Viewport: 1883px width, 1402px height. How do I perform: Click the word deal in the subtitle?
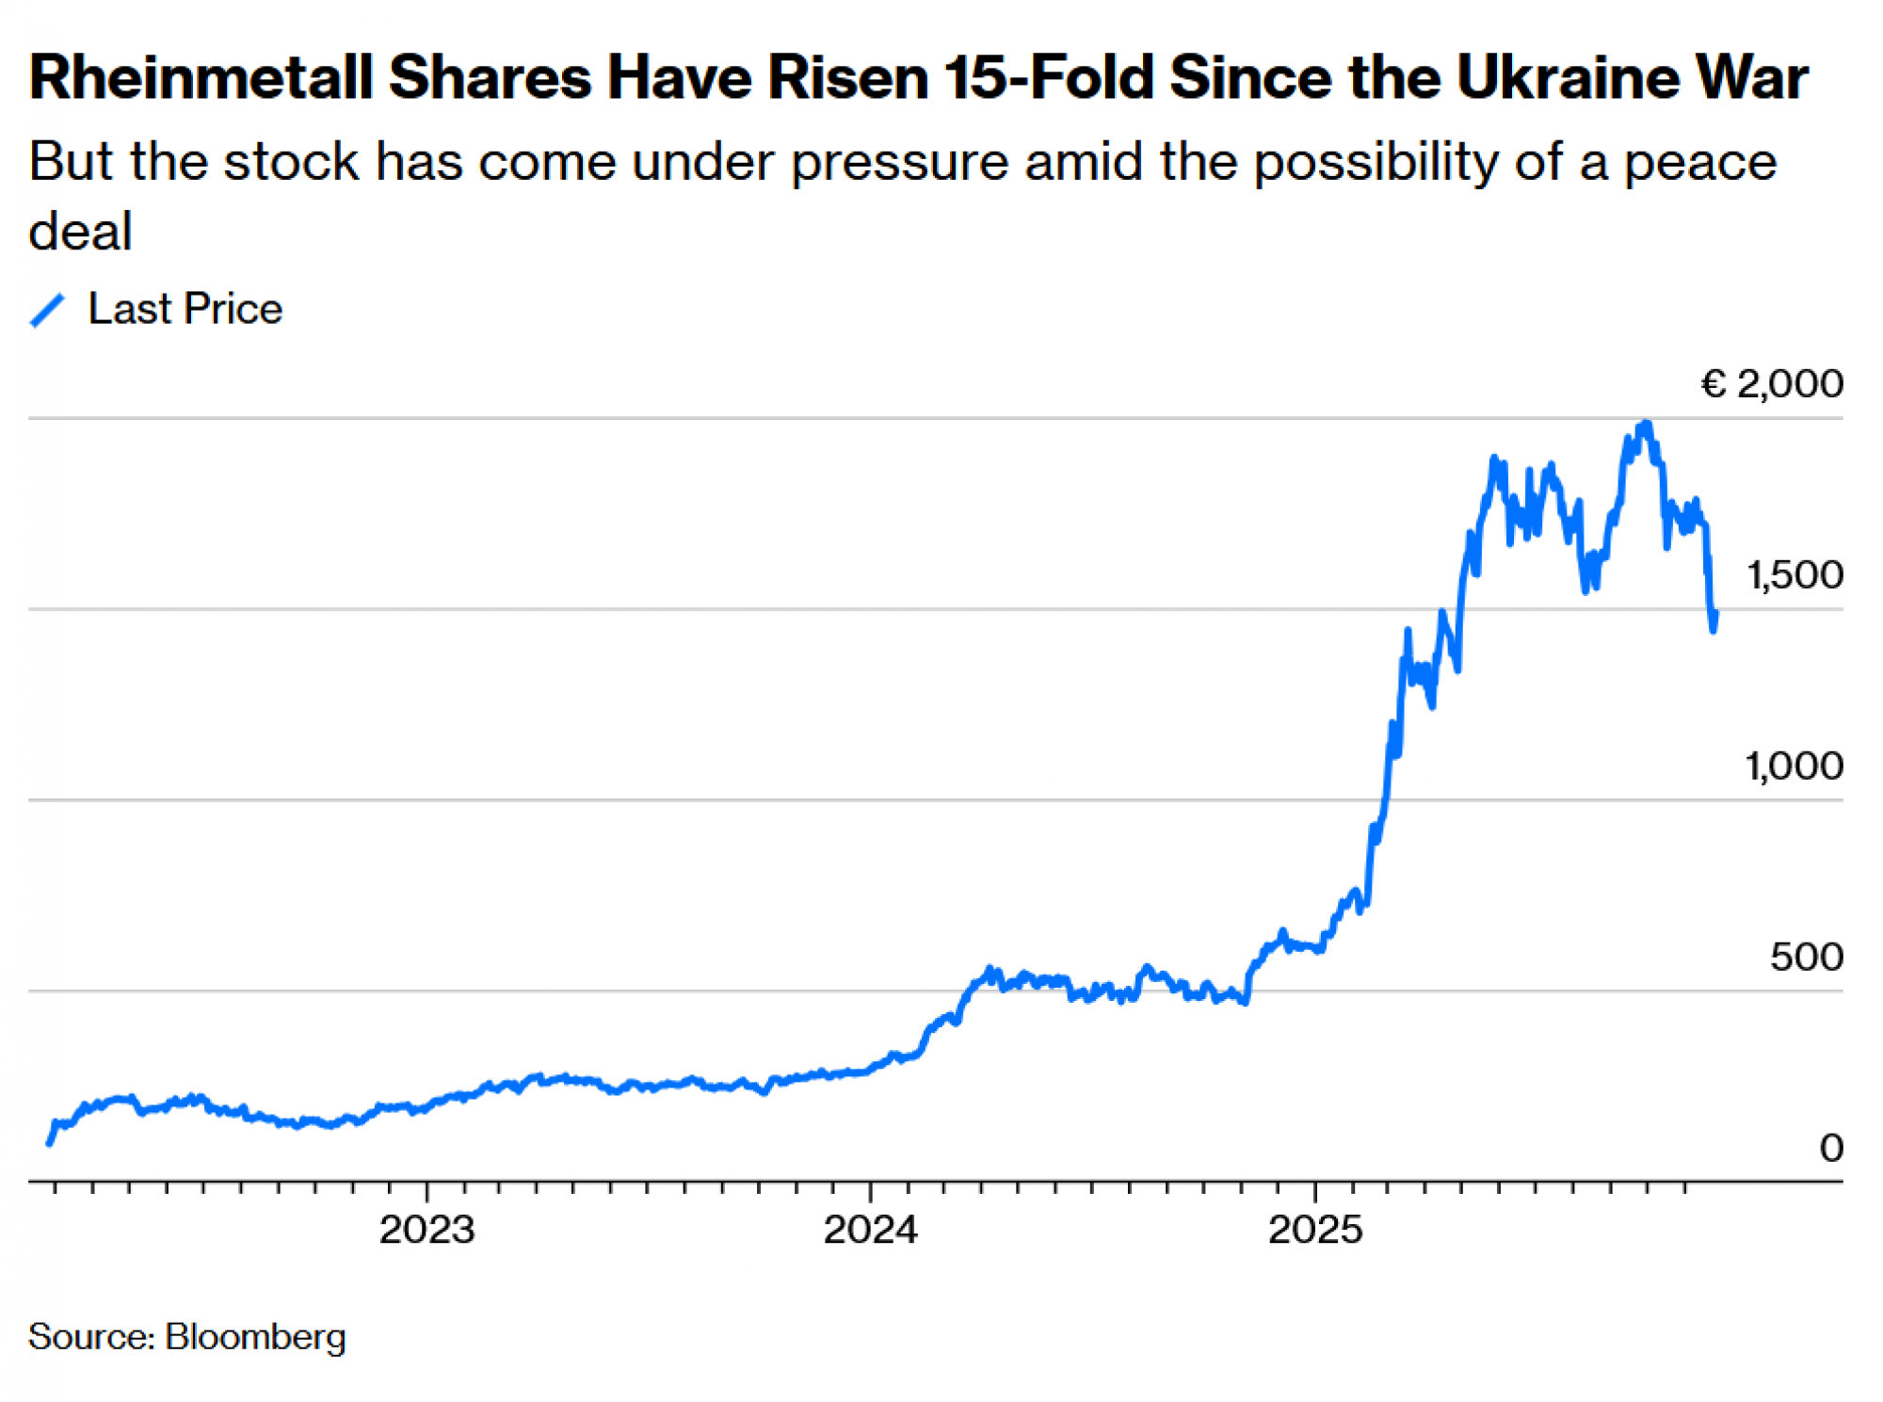pos(80,232)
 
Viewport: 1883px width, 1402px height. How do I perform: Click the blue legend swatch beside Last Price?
pos(47,310)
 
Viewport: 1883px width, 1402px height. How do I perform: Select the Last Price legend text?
pos(185,310)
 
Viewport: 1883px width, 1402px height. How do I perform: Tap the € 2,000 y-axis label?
pos(1771,384)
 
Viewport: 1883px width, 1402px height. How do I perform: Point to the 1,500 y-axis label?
pos(1794,575)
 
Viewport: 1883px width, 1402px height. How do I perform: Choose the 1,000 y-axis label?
pos(1794,766)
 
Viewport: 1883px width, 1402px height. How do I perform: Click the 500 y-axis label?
pos(1806,958)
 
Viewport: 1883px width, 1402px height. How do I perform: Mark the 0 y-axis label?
pos(1830,1149)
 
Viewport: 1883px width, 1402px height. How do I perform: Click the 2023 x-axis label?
pos(426,1230)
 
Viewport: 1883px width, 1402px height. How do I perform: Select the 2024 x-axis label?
pos(870,1230)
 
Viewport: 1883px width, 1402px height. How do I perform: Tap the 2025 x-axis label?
pos(1315,1230)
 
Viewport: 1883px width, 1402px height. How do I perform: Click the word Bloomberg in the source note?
pos(255,1337)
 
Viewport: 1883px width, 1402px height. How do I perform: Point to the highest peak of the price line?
pos(1645,424)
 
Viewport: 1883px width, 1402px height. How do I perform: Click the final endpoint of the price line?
pos(1715,614)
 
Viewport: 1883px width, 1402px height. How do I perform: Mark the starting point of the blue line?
pos(49,1143)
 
